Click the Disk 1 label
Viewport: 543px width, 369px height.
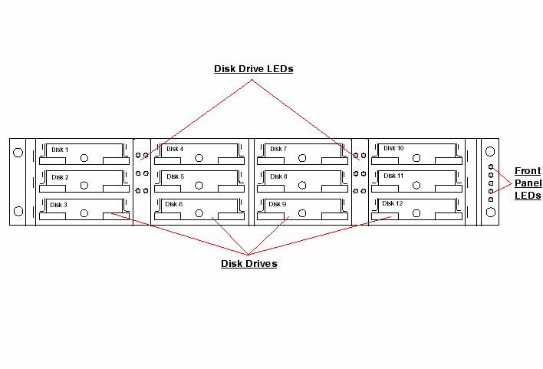pyautogui.click(x=60, y=150)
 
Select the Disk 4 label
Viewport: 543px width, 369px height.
pyautogui.click(x=175, y=149)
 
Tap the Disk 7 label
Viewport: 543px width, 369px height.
pyautogui.click(x=278, y=149)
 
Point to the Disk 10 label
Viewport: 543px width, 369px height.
pyautogui.click(x=393, y=148)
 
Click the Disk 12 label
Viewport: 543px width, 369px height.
pyautogui.click(x=392, y=203)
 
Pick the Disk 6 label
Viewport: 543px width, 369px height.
pyautogui.click(x=175, y=204)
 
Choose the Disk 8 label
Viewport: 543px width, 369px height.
pyautogui.click(x=278, y=176)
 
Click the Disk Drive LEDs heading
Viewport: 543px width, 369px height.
pyautogui.click(x=253, y=69)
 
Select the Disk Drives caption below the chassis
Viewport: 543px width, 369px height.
pyautogui.click(x=248, y=264)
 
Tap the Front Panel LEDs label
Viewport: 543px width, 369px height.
pyautogui.click(x=528, y=183)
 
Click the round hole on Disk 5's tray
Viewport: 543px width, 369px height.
pyautogui.click(x=199, y=186)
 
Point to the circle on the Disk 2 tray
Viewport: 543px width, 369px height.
pyautogui.click(x=84, y=186)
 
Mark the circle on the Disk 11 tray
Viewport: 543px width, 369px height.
pyautogui.click(x=416, y=186)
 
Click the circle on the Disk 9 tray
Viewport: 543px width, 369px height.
pyautogui.click(x=301, y=213)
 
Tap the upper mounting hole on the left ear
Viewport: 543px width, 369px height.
pyautogui.click(x=18, y=152)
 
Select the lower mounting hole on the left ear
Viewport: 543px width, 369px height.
pyautogui.click(x=18, y=211)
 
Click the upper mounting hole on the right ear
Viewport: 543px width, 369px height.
pyautogui.click(x=490, y=152)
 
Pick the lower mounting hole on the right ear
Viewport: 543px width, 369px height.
pyautogui.click(x=490, y=211)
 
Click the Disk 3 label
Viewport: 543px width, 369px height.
pyautogui.click(x=60, y=205)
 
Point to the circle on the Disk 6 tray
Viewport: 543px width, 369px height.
pyautogui.click(x=199, y=213)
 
